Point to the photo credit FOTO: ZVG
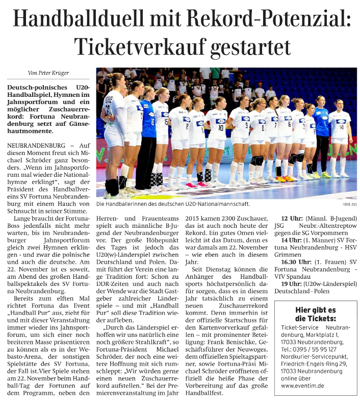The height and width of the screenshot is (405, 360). (x=350, y=203)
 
